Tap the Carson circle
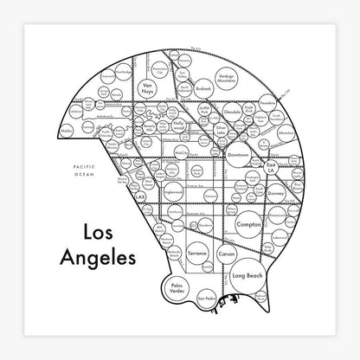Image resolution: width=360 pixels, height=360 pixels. click(x=227, y=257)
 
